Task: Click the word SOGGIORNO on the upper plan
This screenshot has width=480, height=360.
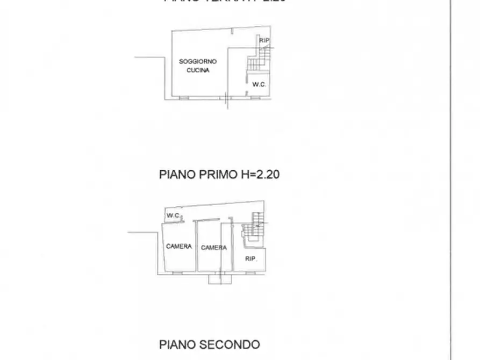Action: [194, 62]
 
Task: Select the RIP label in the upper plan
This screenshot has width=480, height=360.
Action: [264, 40]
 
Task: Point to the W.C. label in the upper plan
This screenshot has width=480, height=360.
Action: [259, 84]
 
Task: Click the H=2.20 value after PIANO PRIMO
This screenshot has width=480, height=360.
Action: [260, 175]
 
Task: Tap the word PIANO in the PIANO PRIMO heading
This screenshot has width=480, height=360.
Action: [176, 175]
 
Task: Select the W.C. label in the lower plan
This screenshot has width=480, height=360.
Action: [173, 215]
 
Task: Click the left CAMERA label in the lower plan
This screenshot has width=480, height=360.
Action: [179, 247]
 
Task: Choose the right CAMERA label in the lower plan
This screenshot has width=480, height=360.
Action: [214, 248]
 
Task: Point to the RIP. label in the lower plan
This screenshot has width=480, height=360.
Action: [251, 258]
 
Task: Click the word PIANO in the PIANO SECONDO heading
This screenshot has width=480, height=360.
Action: [176, 344]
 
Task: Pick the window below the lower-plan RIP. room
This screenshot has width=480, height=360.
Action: [250, 272]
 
